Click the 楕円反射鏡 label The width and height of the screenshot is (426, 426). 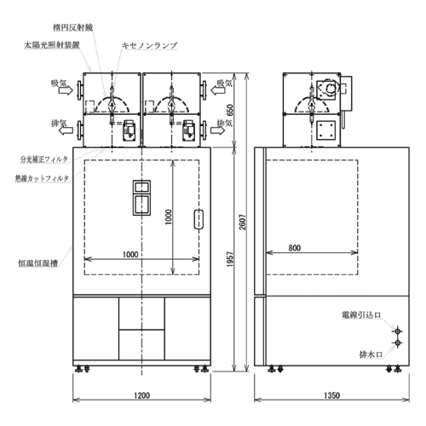coord(72,27)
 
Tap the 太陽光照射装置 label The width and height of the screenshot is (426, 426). coord(52,45)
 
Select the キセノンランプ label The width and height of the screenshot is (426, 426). coord(149,45)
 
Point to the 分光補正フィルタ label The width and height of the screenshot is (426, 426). coord(44,159)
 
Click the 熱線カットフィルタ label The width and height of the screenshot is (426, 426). coord(42,178)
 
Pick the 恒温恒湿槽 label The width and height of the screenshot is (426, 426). coord(37,263)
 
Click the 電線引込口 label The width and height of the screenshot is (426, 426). coord(361,315)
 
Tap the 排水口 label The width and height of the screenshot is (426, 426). coord(371,354)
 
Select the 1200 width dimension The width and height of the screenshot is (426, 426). coord(141,395)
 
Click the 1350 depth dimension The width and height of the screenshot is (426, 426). coord(331,395)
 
